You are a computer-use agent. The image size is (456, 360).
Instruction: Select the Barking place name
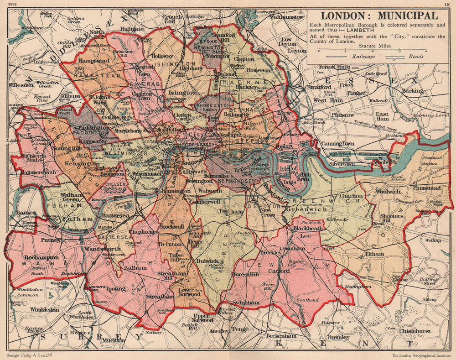click(412, 90)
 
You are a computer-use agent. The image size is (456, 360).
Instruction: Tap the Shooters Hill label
click(393, 219)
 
